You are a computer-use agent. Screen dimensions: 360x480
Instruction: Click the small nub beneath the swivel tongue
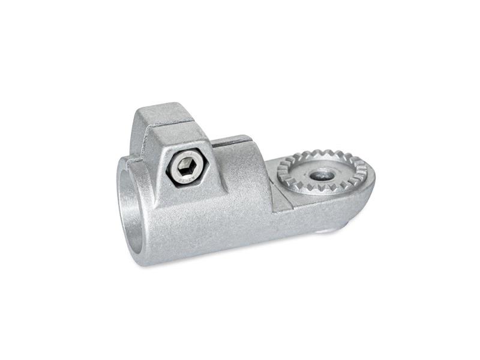327,230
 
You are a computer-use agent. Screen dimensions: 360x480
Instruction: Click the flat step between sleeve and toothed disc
282,198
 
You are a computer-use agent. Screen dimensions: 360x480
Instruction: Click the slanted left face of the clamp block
144,150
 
